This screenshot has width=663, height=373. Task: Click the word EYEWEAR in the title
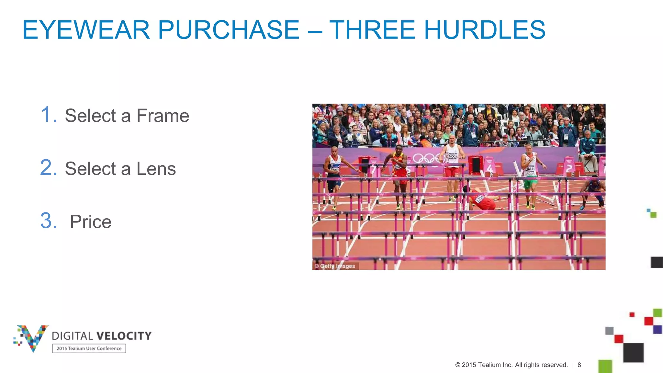[x=86, y=30]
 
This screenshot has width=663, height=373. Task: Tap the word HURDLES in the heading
[x=484, y=30]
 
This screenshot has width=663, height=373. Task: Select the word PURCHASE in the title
[x=229, y=30]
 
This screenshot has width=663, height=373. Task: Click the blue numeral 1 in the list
[x=49, y=115]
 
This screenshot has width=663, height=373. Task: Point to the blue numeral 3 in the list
[x=49, y=221]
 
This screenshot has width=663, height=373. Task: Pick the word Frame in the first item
[x=163, y=116]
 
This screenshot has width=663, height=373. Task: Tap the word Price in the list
[x=91, y=222]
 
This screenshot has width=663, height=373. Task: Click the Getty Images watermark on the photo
[x=335, y=266]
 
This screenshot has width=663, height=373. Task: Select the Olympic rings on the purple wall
[x=427, y=158]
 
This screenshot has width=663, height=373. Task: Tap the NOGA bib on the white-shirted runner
[x=453, y=156]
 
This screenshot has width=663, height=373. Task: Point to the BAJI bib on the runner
[x=530, y=169]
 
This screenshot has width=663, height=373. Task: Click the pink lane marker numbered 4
[x=490, y=167]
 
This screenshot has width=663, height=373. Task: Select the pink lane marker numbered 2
[x=569, y=167]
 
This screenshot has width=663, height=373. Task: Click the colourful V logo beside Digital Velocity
[x=32, y=338]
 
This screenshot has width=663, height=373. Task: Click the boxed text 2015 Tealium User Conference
[x=89, y=349]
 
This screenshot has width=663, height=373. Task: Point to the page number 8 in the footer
[x=579, y=365]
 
